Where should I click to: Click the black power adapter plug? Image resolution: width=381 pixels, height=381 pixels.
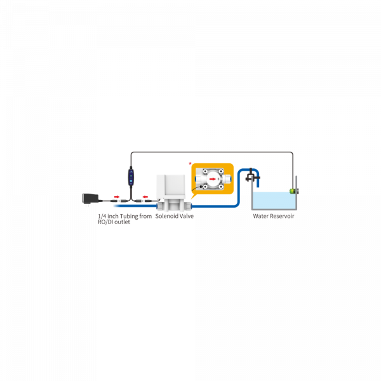90,199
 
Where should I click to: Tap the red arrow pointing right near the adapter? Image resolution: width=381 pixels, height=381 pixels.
117,197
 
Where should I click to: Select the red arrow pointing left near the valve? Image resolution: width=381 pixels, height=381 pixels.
145,197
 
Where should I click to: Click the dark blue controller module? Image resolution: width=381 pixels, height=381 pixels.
131,178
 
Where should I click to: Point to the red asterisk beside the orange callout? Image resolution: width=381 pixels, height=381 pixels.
190,164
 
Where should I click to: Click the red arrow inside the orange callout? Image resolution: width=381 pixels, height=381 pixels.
212,179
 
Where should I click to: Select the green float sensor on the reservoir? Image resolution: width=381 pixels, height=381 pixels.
293,191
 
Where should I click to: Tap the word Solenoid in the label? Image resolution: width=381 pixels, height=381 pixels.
165,216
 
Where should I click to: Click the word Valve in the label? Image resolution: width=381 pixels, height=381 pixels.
185,216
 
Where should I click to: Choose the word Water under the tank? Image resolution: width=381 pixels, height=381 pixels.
261,216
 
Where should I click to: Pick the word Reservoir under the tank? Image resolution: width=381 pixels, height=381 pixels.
282,216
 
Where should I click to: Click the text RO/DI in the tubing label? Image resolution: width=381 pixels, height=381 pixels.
105,222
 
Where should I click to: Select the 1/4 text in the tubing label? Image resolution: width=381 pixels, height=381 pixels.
102,216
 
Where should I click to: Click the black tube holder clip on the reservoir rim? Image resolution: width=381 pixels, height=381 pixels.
252,176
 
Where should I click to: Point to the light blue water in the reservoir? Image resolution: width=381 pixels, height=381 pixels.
274,200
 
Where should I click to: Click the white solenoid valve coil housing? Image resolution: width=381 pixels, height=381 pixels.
171,185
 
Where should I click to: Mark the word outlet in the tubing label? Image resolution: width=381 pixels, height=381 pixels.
122,222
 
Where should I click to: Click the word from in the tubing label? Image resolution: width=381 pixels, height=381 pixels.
145,216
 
